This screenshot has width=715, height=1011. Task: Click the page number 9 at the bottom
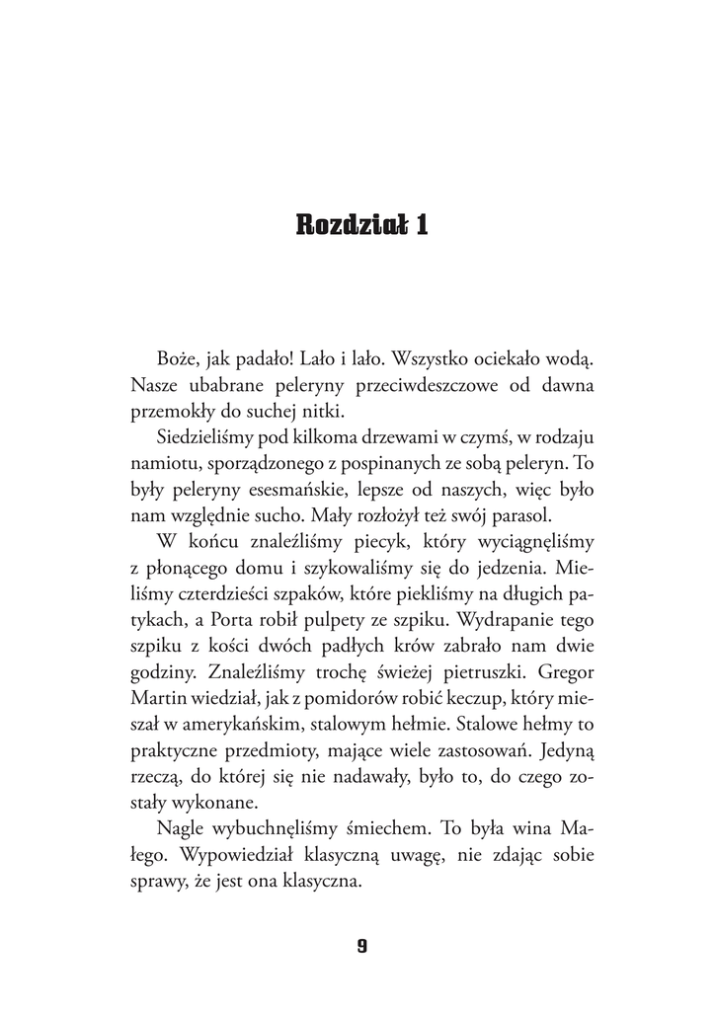pos(361,945)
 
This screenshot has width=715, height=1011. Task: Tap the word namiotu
pos(162,460)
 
